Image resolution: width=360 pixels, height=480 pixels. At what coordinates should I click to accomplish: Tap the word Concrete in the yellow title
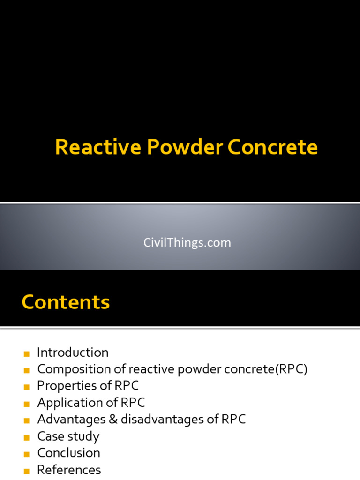[x=273, y=148]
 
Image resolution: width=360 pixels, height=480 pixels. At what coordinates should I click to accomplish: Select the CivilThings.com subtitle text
[x=187, y=243]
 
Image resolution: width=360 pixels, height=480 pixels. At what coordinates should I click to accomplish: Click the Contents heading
[x=66, y=302]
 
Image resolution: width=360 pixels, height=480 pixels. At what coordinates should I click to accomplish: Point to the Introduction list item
[x=73, y=352]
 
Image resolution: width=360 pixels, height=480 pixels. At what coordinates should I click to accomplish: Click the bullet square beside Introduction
[x=26, y=353]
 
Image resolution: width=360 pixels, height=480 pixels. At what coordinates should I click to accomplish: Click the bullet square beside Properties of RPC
[x=26, y=387]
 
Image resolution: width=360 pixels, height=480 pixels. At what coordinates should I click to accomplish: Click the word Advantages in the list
[x=71, y=420]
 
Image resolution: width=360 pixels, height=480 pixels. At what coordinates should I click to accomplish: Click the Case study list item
[x=68, y=436]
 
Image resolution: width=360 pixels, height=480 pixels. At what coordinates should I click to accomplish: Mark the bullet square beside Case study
[x=26, y=437]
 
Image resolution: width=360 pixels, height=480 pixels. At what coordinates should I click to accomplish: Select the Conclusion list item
[x=68, y=453]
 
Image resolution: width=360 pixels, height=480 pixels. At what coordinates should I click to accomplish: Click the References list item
[x=69, y=470]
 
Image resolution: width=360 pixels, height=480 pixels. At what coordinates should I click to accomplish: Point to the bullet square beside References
[x=26, y=471]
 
